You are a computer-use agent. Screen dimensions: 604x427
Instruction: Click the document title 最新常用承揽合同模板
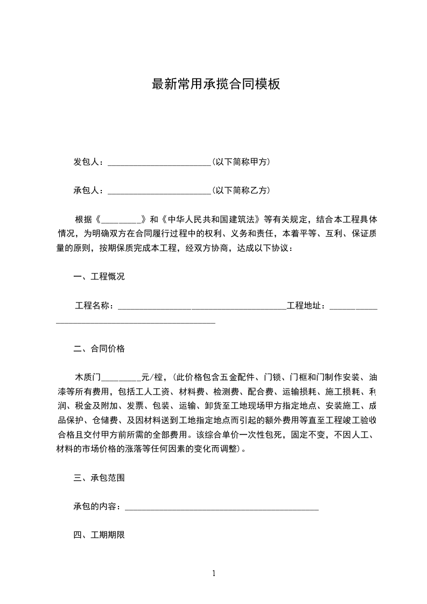216,85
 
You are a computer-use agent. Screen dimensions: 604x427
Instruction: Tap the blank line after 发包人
159,163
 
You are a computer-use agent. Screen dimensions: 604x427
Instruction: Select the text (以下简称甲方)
241,161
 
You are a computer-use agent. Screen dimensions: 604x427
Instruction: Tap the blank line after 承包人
159,192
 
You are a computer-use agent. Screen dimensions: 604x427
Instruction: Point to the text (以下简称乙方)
241,191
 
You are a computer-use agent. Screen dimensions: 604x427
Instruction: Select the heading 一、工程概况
99,277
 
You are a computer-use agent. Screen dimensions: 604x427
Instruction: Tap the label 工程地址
305,306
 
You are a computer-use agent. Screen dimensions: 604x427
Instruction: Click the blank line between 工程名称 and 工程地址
201,307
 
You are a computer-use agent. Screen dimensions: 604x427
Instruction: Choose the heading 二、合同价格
99,349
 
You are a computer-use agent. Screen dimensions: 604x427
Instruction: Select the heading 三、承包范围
99,477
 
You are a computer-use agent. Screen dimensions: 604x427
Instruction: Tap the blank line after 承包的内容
221,508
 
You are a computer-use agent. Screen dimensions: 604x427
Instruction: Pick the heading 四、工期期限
99,535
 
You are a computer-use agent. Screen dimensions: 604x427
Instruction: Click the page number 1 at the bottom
214,573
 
